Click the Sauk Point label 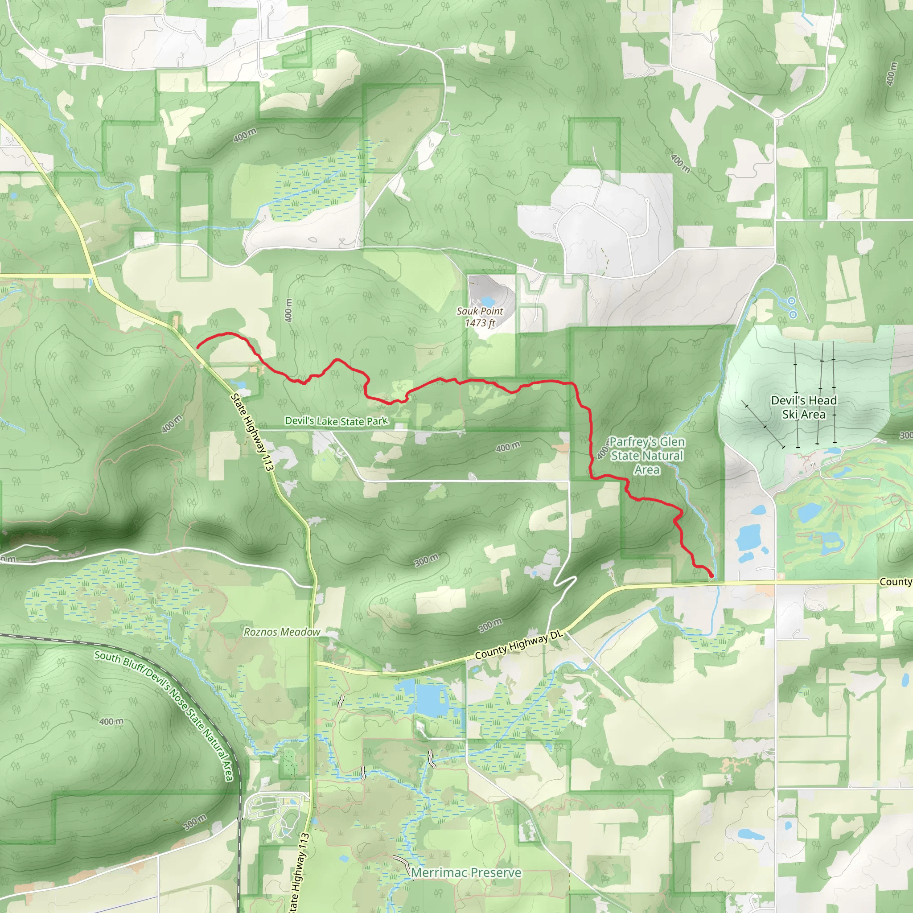point(480,311)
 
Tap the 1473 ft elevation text point(480,323)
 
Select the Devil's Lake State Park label point(337,420)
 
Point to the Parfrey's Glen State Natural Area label point(646,456)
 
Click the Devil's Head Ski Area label point(803,407)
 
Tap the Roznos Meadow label point(282,632)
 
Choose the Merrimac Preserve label point(466,872)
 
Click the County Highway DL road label point(519,646)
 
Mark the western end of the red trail point(197,347)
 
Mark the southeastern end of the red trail point(711,575)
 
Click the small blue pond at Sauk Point point(487,301)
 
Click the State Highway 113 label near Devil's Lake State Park point(252,432)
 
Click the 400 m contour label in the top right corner point(891,74)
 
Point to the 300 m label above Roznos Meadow point(427,560)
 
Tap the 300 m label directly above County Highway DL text point(490,625)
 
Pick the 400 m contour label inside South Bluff point(112,722)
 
